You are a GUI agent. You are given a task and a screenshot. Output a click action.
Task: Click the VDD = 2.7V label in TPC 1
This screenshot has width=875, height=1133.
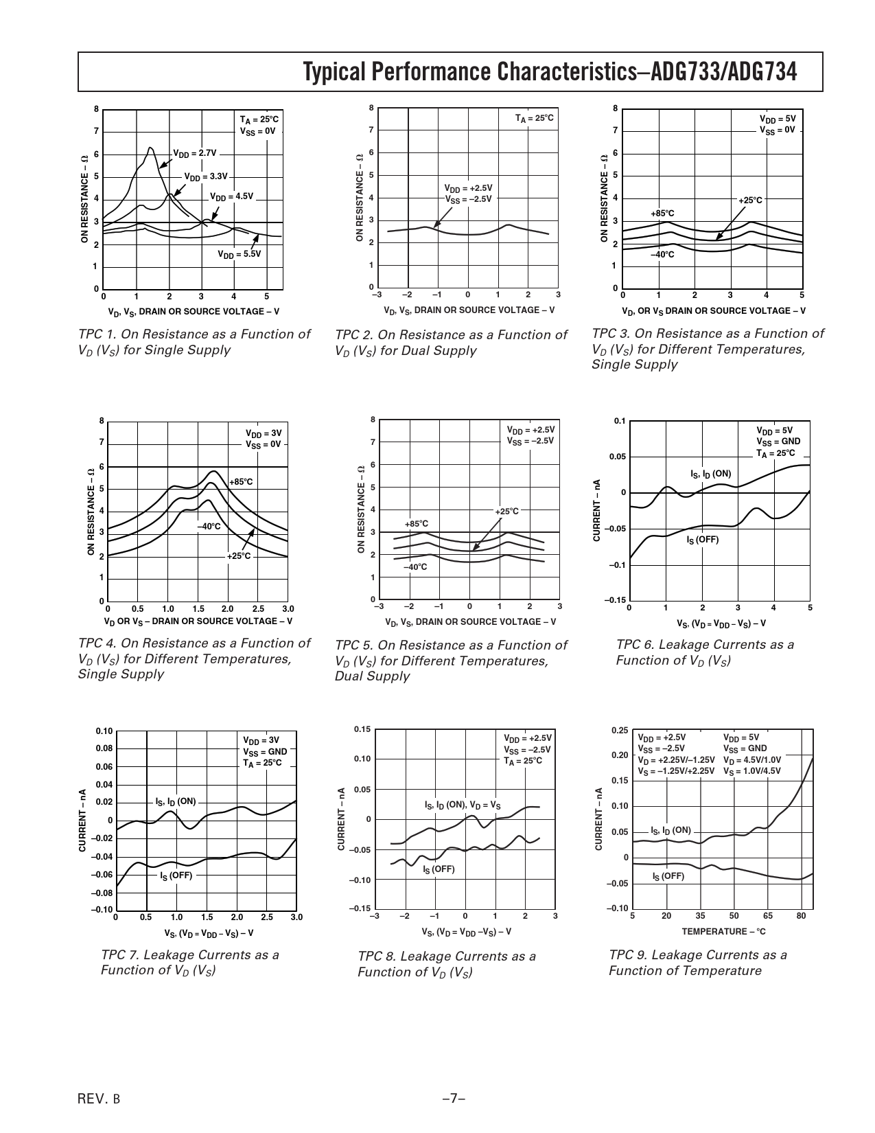pyautogui.click(x=194, y=153)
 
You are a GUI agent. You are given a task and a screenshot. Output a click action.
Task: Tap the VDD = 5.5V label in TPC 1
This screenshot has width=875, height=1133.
pyautogui.click(x=240, y=254)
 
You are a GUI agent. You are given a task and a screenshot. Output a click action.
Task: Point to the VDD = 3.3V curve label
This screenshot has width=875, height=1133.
pyautogui.click(x=205, y=176)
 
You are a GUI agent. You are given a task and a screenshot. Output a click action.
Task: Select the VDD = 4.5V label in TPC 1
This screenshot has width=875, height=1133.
pyautogui.click(x=231, y=196)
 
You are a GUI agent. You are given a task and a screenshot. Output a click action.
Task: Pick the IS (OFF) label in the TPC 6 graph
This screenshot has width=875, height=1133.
pyautogui.click(x=703, y=540)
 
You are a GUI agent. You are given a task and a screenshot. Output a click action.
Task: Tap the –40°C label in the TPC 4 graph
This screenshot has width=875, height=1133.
pyautogui.click(x=209, y=527)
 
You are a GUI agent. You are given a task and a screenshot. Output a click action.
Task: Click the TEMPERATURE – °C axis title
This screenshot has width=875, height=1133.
pyautogui.click(x=723, y=931)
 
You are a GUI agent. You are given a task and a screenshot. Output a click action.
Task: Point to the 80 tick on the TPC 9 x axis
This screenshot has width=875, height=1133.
pyautogui.click(x=801, y=916)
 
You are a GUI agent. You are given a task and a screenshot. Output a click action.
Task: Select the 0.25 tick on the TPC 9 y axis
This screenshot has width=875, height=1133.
pyautogui.click(x=619, y=730)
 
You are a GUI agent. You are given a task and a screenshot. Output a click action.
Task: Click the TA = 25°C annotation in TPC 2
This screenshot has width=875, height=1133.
pyautogui.click(x=534, y=119)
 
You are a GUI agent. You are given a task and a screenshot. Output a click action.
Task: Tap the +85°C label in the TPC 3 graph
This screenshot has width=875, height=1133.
pyautogui.click(x=662, y=214)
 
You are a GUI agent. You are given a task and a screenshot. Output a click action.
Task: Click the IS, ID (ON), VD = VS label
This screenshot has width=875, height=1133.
pyautogui.click(x=463, y=805)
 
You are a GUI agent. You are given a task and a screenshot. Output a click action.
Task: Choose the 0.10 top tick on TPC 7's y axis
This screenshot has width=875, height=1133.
pyautogui.click(x=104, y=731)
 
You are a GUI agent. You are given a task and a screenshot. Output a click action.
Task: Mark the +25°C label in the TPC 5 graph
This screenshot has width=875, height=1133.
pyautogui.click(x=507, y=512)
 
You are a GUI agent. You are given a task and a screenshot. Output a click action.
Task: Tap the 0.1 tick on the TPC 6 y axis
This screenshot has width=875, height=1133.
pyautogui.click(x=620, y=421)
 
